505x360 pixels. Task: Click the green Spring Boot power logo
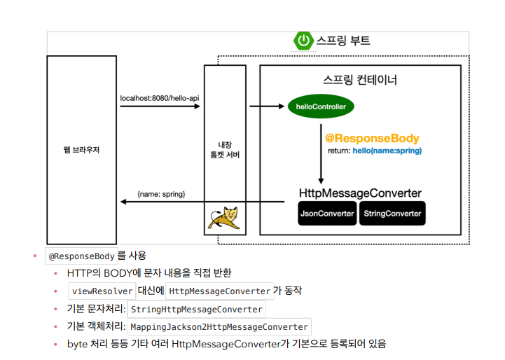click(303, 41)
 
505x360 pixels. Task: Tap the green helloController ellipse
click(321, 106)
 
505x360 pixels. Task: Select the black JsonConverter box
click(327, 213)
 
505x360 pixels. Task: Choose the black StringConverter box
click(392, 213)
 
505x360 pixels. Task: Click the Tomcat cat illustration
click(224, 218)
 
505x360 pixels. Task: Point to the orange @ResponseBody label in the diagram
click(372, 138)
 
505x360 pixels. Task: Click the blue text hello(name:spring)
click(387, 151)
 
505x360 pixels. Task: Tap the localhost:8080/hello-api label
click(160, 98)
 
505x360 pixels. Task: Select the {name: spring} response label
click(161, 194)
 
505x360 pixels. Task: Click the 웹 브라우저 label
click(81, 150)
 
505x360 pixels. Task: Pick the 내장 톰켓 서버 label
click(225, 150)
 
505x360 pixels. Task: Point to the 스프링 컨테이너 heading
click(360, 80)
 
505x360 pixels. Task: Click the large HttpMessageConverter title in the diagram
click(360, 193)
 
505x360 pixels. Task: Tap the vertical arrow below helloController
click(321, 154)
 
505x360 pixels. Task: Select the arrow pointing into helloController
click(267, 106)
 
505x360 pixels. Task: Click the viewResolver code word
click(102, 291)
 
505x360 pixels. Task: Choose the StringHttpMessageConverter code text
click(196, 310)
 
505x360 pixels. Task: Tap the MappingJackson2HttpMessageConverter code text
click(219, 327)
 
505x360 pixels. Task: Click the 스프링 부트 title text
click(343, 41)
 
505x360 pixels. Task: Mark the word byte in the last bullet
click(77, 344)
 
